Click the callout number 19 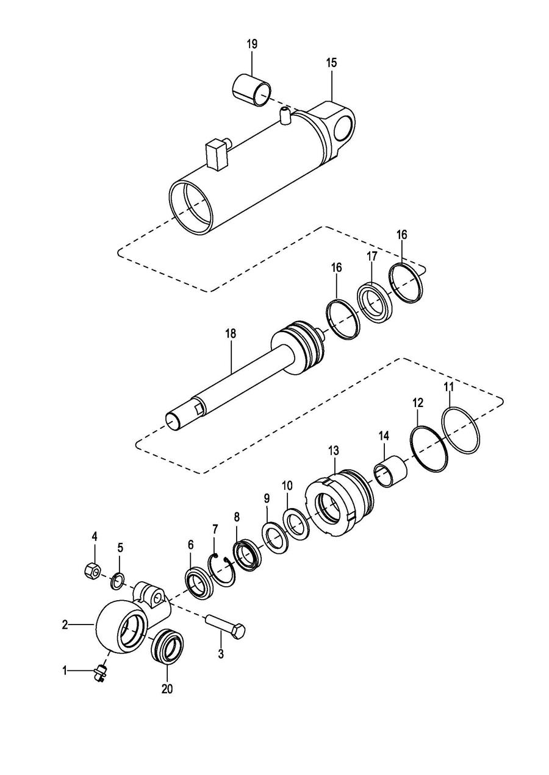252,44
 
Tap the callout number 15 331,63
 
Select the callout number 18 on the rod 231,334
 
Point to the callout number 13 334,451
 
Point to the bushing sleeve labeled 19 251,90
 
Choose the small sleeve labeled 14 390,470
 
